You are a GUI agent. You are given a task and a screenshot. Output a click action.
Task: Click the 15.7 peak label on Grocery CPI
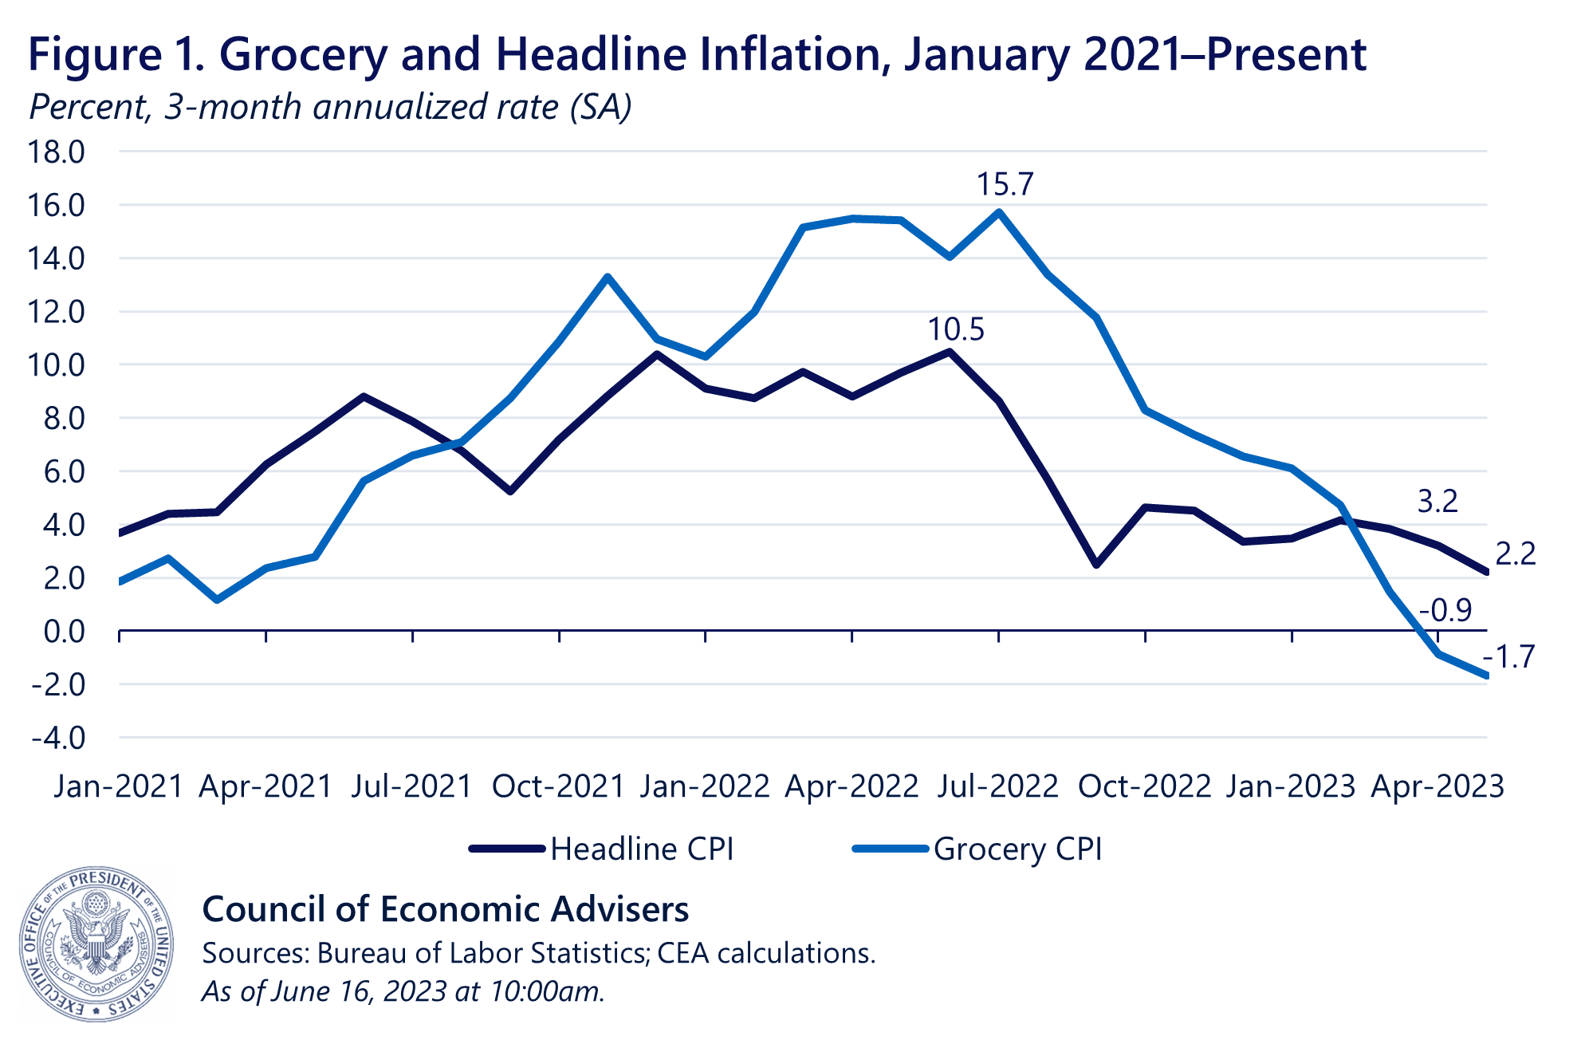point(1005,185)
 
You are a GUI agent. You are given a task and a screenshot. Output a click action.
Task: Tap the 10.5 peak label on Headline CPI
point(956,329)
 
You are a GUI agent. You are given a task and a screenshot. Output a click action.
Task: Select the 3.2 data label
point(1437,502)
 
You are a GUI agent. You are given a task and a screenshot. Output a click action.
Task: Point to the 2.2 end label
point(1515,554)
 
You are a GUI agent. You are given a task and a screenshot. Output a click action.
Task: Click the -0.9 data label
point(1445,611)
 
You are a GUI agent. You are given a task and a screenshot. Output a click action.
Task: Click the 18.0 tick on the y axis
point(57,152)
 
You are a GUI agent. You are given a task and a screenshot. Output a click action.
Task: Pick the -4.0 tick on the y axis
point(58,739)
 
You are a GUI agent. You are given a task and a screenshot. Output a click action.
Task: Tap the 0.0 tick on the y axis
point(64,632)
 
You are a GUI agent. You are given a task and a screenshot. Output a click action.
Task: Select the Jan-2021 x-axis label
point(119,787)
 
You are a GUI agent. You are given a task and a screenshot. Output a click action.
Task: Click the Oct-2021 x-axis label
point(558,787)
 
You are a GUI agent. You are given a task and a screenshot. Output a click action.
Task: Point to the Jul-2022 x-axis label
point(998,787)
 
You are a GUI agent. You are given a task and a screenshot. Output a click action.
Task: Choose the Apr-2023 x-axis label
point(1437,787)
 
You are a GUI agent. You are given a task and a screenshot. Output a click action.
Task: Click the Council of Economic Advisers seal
point(96,944)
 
